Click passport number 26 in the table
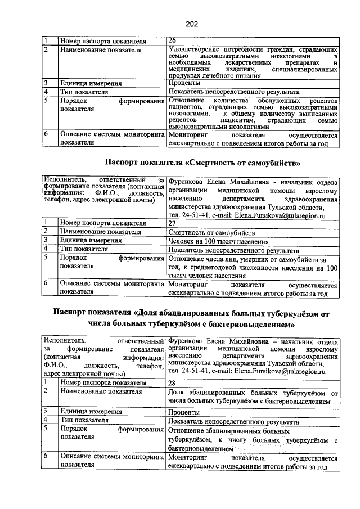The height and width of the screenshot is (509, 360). pyautogui.click(x=173, y=40)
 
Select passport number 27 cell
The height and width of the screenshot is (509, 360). pyautogui.click(x=173, y=223)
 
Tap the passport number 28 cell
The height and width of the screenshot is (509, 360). pyautogui.click(x=173, y=382)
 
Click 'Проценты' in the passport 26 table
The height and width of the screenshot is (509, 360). pyautogui.click(x=184, y=83)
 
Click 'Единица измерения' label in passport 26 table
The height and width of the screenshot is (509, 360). pyautogui.click(x=91, y=83)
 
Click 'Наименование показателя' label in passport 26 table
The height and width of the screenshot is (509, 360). pyautogui.click(x=100, y=49)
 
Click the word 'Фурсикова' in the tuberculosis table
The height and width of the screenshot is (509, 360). pyautogui.click(x=185, y=341)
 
